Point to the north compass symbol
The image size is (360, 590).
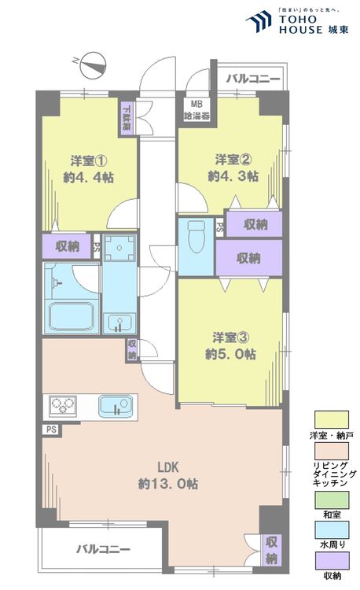click(92, 62)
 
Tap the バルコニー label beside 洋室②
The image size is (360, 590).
click(253, 79)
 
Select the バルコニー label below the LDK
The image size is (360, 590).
click(103, 549)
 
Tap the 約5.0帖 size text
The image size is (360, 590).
click(230, 354)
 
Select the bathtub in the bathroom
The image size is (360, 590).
click(73, 316)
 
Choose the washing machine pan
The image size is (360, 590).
click(119, 249)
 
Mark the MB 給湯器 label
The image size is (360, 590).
click(193, 108)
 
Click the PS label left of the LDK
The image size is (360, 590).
click(50, 430)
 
